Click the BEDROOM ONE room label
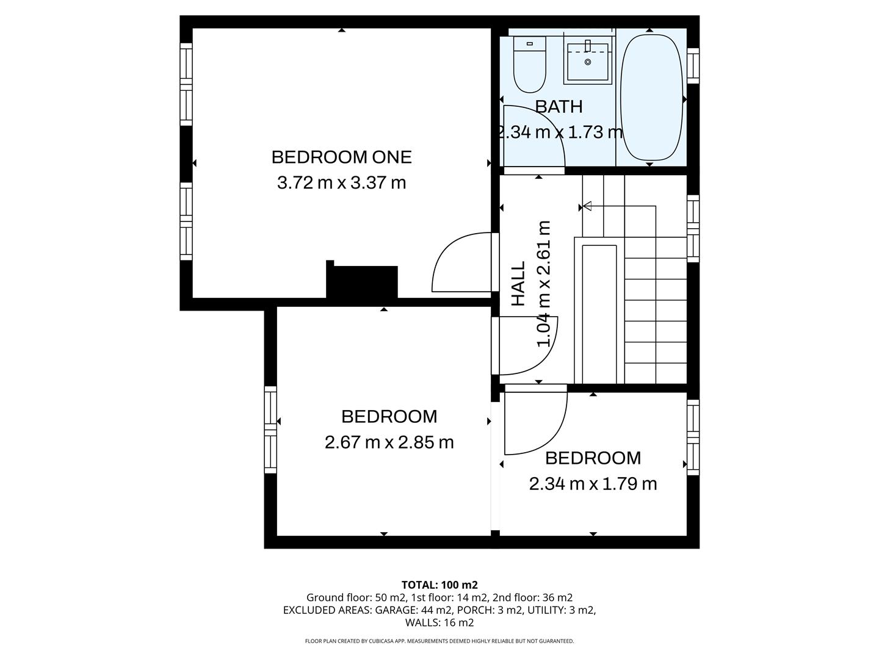pyautogui.click(x=341, y=157)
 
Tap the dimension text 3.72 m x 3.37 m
pyautogui.click(x=341, y=182)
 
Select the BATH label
pyautogui.click(x=559, y=107)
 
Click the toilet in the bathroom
pyautogui.click(x=529, y=63)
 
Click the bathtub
pyautogui.click(x=651, y=98)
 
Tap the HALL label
pyautogui.click(x=518, y=284)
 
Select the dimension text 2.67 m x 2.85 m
pyautogui.click(x=389, y=442)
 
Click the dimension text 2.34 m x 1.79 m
pyautogui.click(x=592, y=484)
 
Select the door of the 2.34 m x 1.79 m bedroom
pyautogui.click(x=534, y=421)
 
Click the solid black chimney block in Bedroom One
pyautogui.click(x=363, y=282)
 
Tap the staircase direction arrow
pyautogui.click(x=587, y=206)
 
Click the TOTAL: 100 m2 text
pyautogui.click(x=439, y=585)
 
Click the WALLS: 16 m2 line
pyautogui.click(x=439, y=623)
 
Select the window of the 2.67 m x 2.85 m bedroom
pyautogui.click(x=270, y=430)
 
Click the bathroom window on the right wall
pyautogui.click(x=693, y=65)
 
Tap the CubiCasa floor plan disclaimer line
pyautogui.click(x=439, y=641)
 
